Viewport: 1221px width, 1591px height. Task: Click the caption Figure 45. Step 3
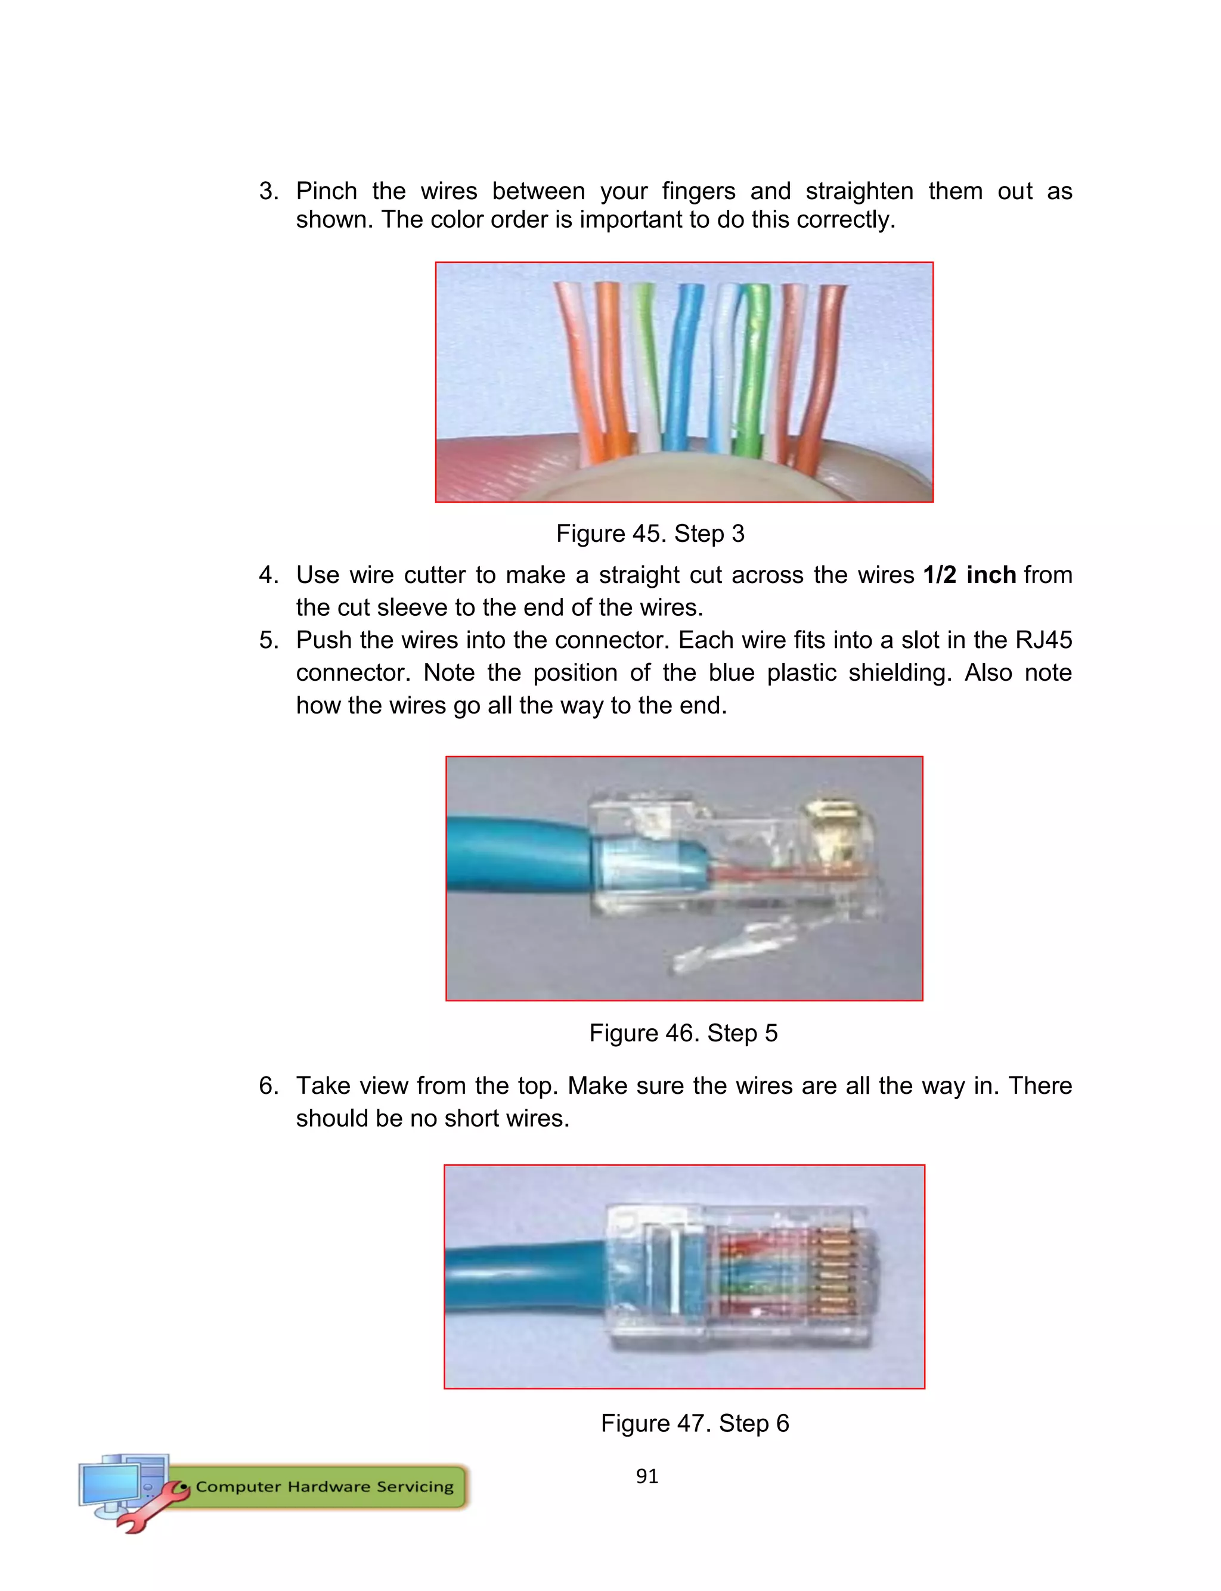pyautogui.click(x=650, y=534)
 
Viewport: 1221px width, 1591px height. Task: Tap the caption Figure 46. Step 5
pyautogui.click(x=683, y=1033)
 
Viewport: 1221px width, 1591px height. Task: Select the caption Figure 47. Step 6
pyautogui.click(x=694, y=1423)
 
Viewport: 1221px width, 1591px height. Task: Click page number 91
pyautogui.click(x=647, y=1476)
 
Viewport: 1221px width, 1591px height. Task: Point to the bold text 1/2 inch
pyautogui.click(x=969, y=575)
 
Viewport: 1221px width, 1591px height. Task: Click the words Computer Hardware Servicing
pyautogui.click(x=324, y=1487)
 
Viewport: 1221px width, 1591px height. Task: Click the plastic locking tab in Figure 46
pyautogui.click(x=741, y=944)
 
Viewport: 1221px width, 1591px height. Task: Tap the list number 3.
pyautogui.click(x=268, y=192)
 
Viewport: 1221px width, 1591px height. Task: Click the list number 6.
pyautogui.click(x=268, y=1086)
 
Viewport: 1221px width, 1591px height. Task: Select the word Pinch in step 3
pyautogui.click(x=326, y=192)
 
